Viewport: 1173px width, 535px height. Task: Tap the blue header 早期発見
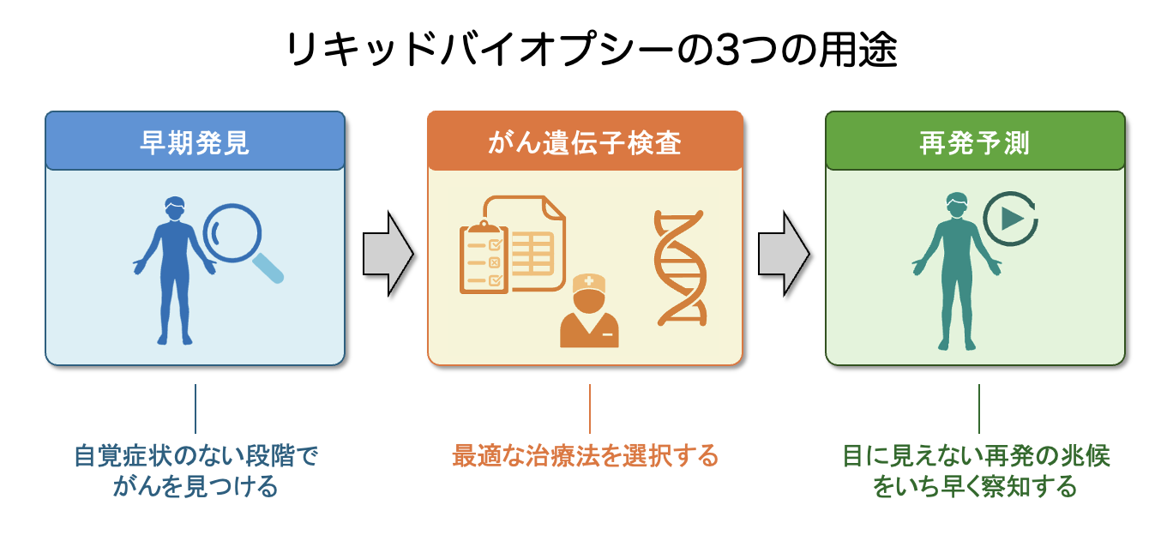pos(195,141)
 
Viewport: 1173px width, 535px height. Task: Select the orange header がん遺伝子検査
pos(585,141)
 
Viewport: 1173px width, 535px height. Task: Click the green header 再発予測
pos(975,141)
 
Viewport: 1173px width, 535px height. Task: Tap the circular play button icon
pos(1010,219)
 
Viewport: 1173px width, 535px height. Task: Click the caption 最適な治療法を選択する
pos(585,455)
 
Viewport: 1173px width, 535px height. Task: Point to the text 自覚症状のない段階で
pos(195,455)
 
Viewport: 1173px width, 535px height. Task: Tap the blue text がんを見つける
pos(195,487)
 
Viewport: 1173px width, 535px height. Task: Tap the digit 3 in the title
pos(702,51)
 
